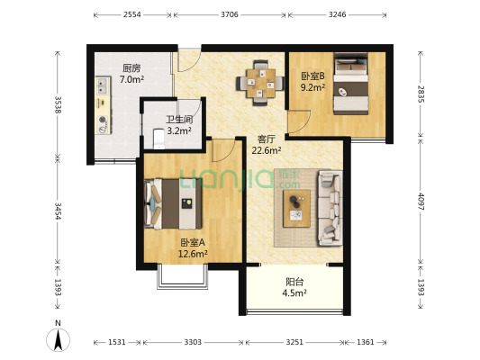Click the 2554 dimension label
click(x=132, y=14)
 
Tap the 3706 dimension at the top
click(x=230, y=14)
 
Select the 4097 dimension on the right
click(x=421, y=202)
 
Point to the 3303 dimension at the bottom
click(x=193, y=342)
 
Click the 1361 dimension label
click(x=366, y=342)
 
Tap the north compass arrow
click(x=58, y=339)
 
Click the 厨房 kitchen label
click(x=131, y=67)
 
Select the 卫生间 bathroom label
click(x=179, y=120)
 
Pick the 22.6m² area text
click(x=267, y=150)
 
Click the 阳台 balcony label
click(x=294, y=282)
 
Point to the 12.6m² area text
click(x=193, y=254)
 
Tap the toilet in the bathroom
click(x=158, y=139)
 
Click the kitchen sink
click(x=103, y=85)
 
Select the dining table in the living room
click(x=261, y=83)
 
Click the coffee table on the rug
click(x=296, y=209)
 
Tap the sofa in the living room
click(x=331, y=208)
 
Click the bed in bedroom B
click(x=350, y=84)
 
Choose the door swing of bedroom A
click(x=223, y=150)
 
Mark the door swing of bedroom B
click(x=299, y=122)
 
